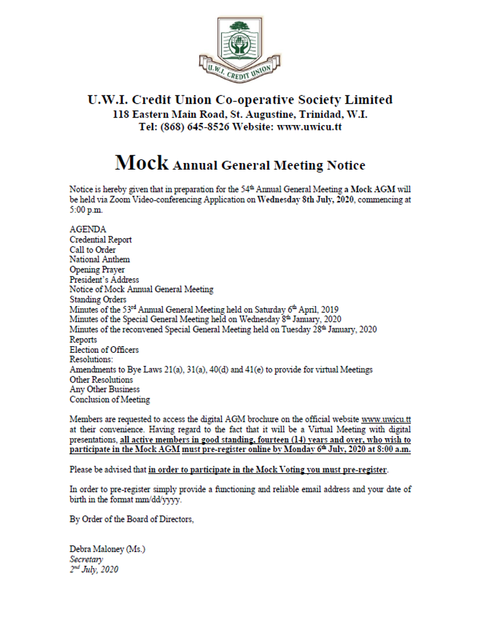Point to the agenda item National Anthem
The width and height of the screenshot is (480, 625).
coord(99,259)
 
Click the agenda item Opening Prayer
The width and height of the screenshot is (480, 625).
coord(97,269)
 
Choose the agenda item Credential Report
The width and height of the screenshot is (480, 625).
coord(100,240)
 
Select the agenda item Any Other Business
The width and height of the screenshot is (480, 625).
coord(104,390)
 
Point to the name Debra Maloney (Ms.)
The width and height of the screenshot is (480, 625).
coord(107,549)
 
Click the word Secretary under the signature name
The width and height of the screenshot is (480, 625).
coord(86,559)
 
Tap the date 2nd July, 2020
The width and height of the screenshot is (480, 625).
coord(94,569)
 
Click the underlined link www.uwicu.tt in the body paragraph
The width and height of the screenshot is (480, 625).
coord(386,420)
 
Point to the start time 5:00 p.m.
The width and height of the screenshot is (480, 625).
coord(86,209)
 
